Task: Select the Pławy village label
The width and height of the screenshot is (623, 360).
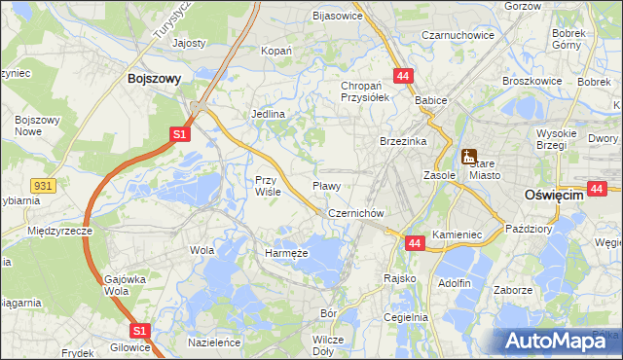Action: point(325,185)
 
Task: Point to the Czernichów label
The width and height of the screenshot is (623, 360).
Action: point(357,213)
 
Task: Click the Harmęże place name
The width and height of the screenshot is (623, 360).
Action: point(286,253)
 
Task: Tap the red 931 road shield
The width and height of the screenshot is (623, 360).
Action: point(42,185)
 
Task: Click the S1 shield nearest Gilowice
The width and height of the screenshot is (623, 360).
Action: point(139,332)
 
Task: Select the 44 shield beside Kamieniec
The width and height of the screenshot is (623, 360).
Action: point(414,243)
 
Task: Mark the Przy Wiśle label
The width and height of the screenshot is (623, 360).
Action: point(268,186)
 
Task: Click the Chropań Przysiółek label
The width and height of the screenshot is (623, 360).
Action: point(365,91)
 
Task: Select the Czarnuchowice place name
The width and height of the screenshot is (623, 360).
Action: point(458,35)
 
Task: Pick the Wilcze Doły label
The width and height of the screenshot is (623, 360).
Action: point(329,345)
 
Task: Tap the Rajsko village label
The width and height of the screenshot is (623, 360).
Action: point(400,278)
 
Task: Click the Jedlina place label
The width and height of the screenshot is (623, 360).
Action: point(268,114)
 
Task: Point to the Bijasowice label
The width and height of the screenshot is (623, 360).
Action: point(337,16)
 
